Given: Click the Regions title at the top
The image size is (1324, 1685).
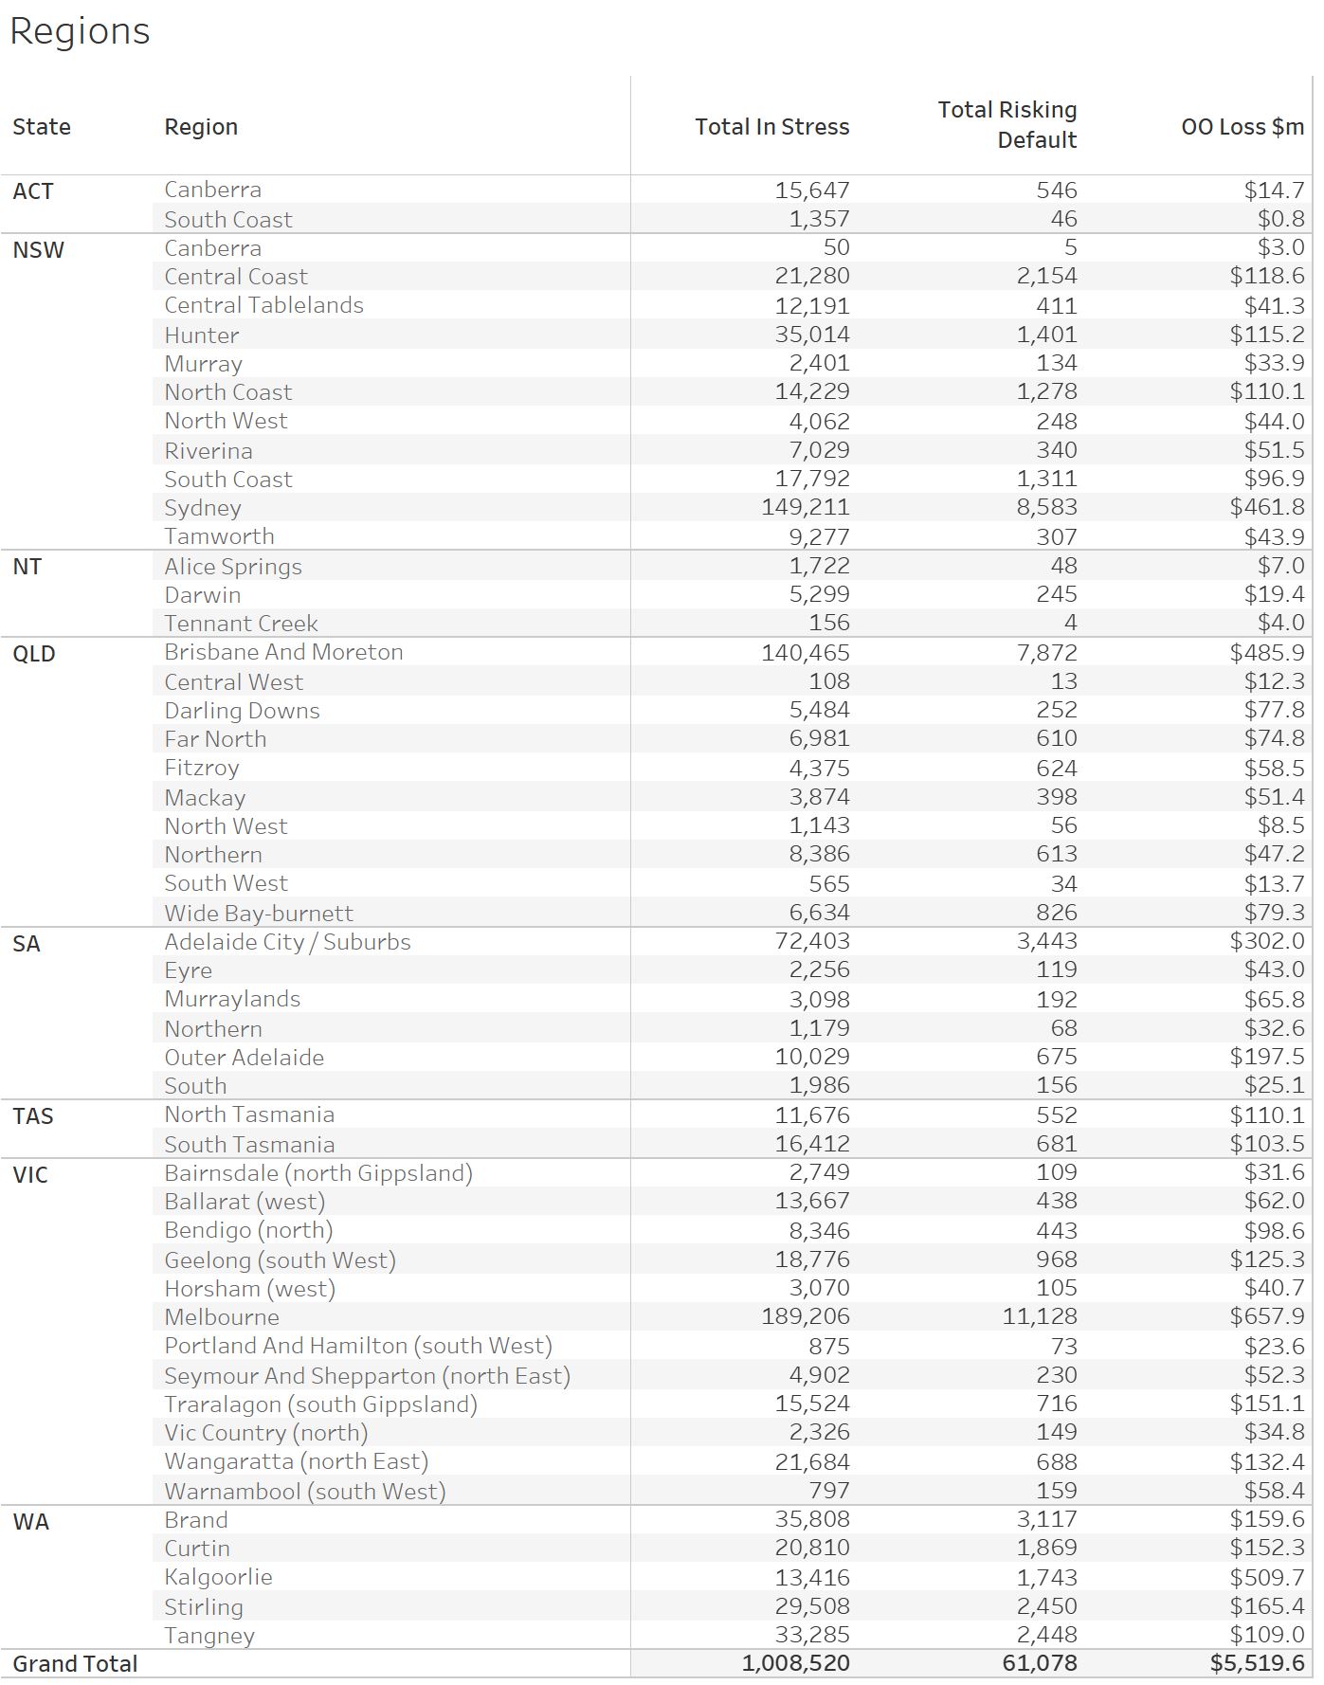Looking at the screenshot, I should click(80, 31).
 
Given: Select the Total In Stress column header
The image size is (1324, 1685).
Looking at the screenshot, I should click(771, 127).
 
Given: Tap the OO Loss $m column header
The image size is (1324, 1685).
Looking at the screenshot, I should click(1242, 127).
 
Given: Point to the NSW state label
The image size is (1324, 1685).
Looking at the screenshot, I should click(38, 250).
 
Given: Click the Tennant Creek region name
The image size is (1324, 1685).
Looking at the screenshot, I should click(241, 624).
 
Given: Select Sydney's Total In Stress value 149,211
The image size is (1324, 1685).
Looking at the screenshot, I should click(805, 508).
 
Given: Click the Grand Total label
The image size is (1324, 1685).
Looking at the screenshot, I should click(75, 1664).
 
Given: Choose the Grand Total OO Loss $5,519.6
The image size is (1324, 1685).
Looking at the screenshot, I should click(1257, 1664).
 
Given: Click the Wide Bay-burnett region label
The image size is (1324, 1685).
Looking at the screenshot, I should click(258, 914).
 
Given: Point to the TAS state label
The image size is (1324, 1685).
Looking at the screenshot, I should click(33, 1116).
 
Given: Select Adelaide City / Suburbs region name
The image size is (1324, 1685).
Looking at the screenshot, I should click(287, 942).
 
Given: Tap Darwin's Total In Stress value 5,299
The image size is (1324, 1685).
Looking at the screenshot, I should click(812, 595).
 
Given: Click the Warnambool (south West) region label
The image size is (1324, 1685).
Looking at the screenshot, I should click(304, 1492).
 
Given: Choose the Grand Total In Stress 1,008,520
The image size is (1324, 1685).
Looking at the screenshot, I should click(795, 1664).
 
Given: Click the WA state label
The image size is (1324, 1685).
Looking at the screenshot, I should click(30, 1522).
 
